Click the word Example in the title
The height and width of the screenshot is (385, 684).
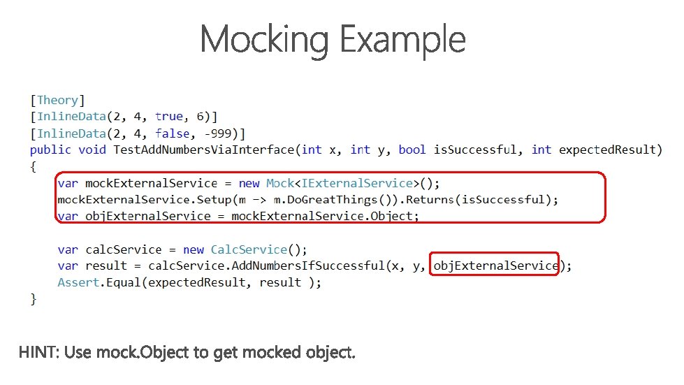403,40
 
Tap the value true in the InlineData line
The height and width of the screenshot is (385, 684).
169,117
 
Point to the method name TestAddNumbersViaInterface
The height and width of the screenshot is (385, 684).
205,150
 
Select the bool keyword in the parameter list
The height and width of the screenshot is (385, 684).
412,150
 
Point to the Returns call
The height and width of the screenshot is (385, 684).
428,200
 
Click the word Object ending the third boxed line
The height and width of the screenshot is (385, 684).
392,216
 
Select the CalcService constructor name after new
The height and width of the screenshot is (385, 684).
249,249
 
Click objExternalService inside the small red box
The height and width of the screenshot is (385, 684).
495,266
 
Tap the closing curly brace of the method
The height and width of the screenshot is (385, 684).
34,299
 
